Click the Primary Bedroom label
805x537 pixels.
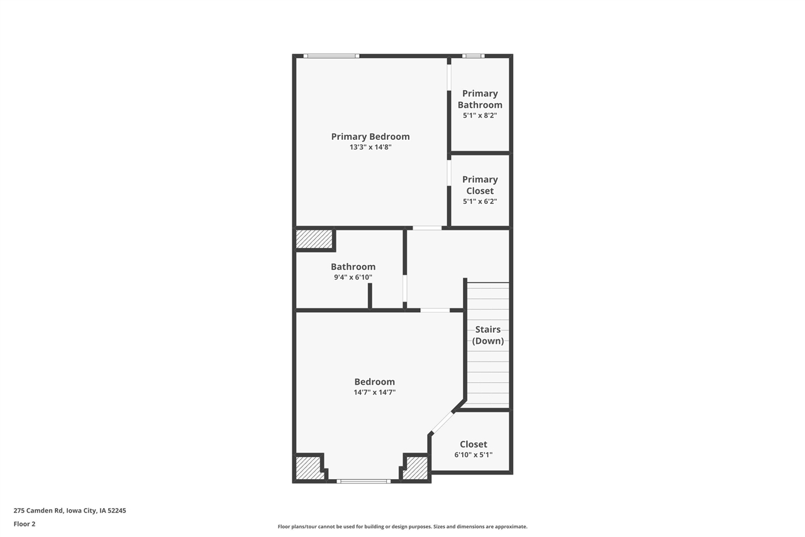coord(370,137)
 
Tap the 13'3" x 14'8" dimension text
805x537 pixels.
coord(370,147)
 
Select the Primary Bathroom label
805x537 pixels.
coord(480,99)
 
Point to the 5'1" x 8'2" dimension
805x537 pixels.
coord(480,116)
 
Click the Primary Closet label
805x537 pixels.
coord(480,185)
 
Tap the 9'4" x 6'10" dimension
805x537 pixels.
coord(353,277)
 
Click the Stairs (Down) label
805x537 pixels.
coord(488,335)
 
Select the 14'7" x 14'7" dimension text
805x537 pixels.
coord(374,392)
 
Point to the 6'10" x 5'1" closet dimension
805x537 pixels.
coord(473,455)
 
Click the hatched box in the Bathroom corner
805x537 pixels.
coord(314,239)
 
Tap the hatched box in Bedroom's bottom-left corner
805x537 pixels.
coord(308,468)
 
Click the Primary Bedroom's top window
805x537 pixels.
coord(331,56)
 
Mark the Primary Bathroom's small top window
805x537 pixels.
coord(473,56)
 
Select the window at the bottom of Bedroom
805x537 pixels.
coord(363,482)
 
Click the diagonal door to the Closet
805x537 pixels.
coord(443,422)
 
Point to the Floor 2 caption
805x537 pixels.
coord(25,524)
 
